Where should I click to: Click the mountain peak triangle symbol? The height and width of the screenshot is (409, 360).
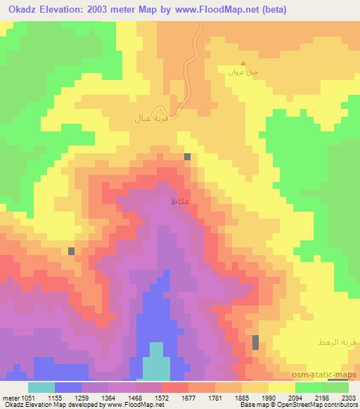pyautogui.click(x=243, y=63)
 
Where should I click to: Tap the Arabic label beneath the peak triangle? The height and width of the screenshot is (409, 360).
pyautogui.click(x=244, y=72)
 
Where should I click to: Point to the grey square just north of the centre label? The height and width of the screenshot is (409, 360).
pyautogui.click(x=188, y=157)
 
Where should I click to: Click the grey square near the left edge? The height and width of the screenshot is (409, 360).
pyautogui.click(x=72, y=251)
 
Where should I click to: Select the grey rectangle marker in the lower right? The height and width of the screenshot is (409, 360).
pyautogui.click(x=255, y=342)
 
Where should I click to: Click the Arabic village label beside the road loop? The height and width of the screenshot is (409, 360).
pyautogui.click(x=148, y=118)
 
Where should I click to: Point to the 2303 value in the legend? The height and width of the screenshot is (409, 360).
pyautogui.click(x=340, y=397)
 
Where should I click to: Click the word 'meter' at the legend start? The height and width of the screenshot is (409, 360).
pyautogui.click(x=9, y=397)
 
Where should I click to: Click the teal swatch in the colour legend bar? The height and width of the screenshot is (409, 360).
pyautogui.click(x=41, y=387)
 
